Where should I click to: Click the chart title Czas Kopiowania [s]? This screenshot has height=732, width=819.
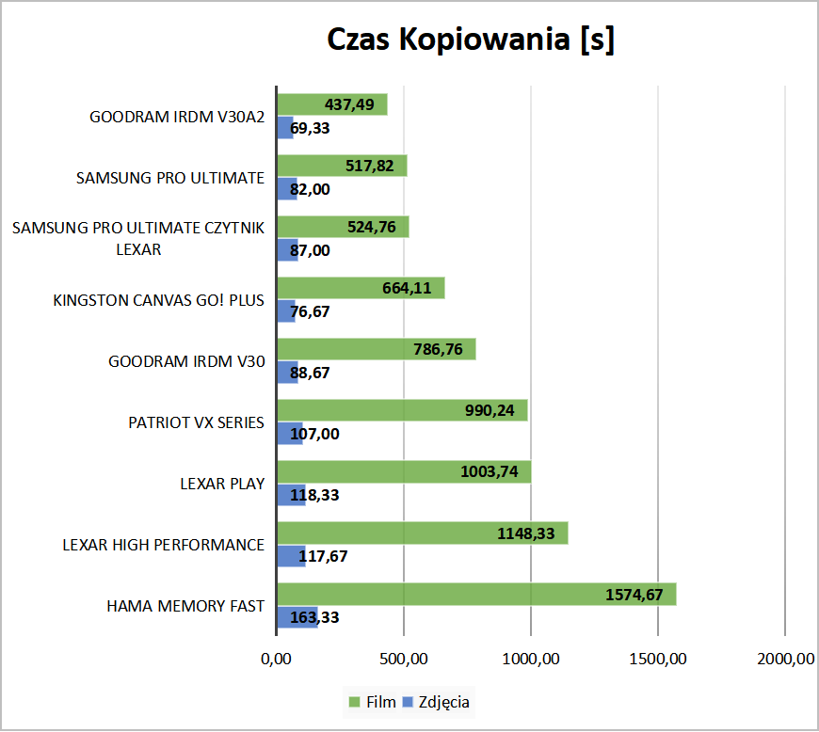[x=470, y=40]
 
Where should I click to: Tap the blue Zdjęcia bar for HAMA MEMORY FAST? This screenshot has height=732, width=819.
[x=297, y=617]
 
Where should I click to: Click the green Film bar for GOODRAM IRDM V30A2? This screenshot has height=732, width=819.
[x=311, y=104]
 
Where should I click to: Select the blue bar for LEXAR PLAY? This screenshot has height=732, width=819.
[x=291, y=495]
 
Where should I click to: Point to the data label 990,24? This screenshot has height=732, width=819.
[x=490, y=411]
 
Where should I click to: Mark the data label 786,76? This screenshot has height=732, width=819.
[x=439, y=350]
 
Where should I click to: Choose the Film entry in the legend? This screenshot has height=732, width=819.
[x=368, y=701]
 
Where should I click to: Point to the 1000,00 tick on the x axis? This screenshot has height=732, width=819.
[x=531, y=660]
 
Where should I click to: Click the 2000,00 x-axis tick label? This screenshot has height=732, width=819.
[x=785, y=660]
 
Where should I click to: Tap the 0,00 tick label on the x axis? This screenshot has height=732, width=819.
[x=277, y=660]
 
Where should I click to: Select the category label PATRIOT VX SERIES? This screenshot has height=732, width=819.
[x=197, y=422]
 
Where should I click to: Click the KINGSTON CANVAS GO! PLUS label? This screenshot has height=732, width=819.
[x=159, y=300]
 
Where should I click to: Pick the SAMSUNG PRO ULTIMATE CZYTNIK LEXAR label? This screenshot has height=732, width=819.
[x=139, y=238]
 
